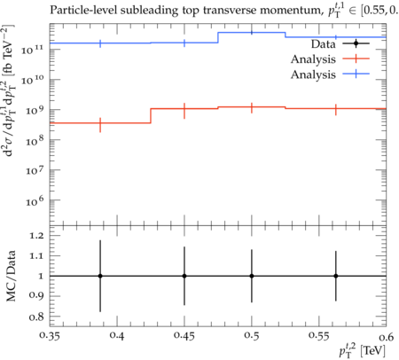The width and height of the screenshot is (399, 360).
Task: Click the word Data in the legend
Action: coord(324,44)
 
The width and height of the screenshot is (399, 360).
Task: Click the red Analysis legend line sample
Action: coord(356,59)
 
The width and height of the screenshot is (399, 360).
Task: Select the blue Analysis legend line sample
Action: coord(356,74)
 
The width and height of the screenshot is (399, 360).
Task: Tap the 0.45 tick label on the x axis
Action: coord(184,336)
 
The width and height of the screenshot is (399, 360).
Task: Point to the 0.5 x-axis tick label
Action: coord(252,336)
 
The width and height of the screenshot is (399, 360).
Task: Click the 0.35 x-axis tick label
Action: coord(50,336)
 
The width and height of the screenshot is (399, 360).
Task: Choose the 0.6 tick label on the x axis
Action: coord(387,336)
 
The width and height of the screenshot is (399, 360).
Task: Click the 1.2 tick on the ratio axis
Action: coord(36,236)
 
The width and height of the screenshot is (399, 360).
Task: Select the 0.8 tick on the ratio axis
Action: coord(36,317)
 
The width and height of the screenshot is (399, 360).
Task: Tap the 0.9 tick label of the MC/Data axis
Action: coord(36,296)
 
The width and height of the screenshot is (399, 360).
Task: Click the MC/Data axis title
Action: coord(11,276)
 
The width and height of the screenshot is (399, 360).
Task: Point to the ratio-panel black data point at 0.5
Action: coord(252,276)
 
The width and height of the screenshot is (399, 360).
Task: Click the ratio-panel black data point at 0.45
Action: coord(184,276)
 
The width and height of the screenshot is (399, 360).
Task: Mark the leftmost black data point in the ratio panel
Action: coord(100,276)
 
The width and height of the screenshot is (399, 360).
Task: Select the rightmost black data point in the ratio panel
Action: coord(336,276)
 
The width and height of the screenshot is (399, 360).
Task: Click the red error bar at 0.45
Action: coord(184,111)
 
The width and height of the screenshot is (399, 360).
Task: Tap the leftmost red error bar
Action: coord(100,125)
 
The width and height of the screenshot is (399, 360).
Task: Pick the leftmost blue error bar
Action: coord(100,43)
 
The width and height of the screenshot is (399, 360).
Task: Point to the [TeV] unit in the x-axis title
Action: coord(373,350)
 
